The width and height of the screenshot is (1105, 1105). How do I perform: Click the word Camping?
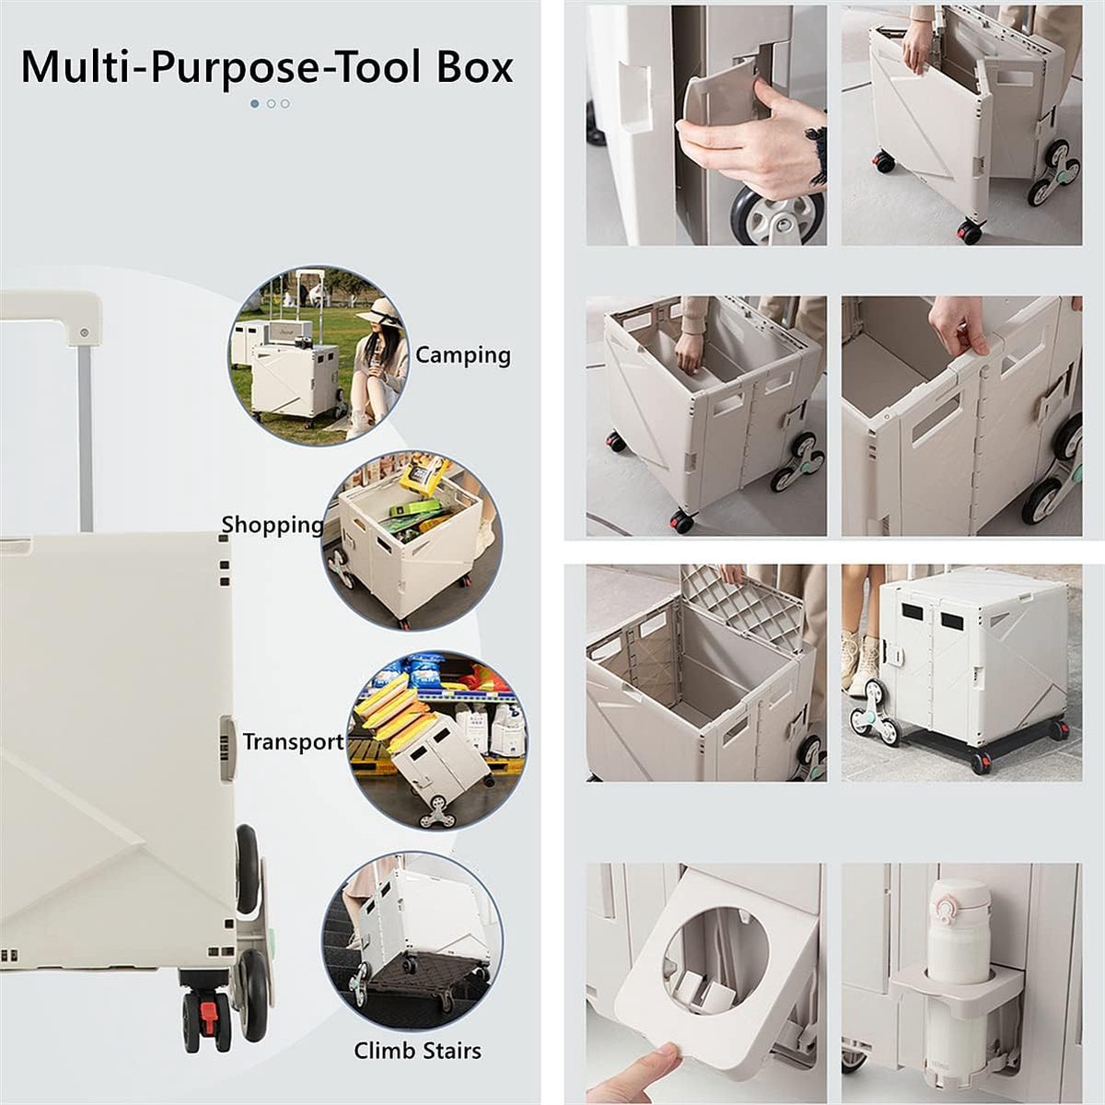click(463, 356)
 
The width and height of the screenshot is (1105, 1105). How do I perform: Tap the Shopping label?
click(273, 525)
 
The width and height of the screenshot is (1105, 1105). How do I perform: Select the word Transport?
click(293, 742)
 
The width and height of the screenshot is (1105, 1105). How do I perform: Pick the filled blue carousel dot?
click(254, 104)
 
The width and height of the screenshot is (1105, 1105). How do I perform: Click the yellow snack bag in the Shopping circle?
click(425, 476)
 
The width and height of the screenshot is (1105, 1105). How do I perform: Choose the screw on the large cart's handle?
click(85, 332)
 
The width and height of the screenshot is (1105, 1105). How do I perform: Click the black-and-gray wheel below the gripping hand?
click(776, 216)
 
